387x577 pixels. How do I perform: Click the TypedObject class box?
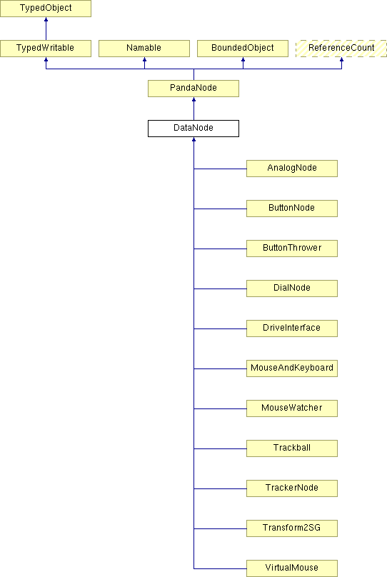[46, 8]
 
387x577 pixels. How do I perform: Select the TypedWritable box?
[46, 49]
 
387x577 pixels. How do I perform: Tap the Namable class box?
[144, 49]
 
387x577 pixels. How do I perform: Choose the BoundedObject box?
[243, 49]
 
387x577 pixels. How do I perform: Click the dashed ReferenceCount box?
[341, 49]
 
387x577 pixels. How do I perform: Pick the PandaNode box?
[193, 89]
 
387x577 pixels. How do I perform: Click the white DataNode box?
[193, 129]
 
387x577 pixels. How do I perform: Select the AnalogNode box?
[292, 168]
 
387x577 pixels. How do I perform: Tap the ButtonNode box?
[292, 209]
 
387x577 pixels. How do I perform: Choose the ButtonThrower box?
[292, 249]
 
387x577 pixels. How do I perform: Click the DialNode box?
[292, 288]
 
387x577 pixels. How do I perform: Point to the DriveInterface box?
[292, 328]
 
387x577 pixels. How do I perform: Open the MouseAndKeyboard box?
[292, 368]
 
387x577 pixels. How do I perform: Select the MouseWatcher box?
[292, 408]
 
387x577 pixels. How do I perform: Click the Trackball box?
[292, 448]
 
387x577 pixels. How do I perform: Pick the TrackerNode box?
[292, 488]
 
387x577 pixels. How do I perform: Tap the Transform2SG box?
[292, 528]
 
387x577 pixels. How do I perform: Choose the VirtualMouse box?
[292, 568]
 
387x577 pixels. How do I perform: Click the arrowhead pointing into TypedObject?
[46, 19]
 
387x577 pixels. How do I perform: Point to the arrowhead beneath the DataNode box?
[194, 139]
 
